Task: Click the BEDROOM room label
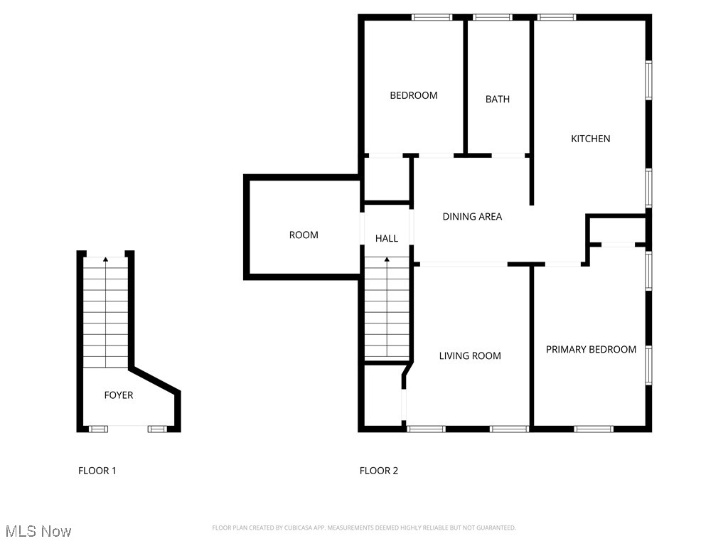pos(413,95)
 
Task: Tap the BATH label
pos(498,100)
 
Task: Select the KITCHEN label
pos(591,139)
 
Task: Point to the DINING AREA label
pos(472,217)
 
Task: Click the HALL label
pos(387,239)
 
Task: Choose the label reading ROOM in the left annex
pos(304,235)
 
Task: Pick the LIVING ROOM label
pos(470,356)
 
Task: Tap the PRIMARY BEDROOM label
pos(591,350)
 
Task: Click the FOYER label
pos(119,395)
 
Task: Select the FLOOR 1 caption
pos(97,471)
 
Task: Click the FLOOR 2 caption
pos(379,471)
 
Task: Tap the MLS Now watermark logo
pos(38,532)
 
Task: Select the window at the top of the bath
pos(493,17)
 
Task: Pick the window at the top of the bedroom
pos(432,17)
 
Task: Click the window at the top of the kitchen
pos(557,17)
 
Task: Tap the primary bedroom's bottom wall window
pos(594,429)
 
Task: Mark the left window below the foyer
pos(98,429)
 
